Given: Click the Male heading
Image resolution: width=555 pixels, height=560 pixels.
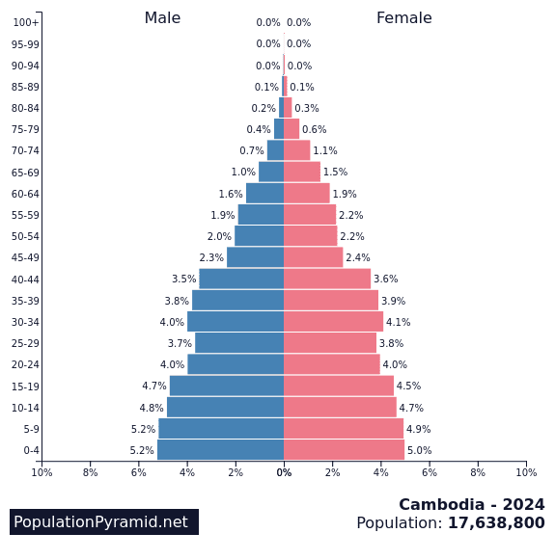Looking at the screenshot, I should pyautogui.click(x=162, y=18).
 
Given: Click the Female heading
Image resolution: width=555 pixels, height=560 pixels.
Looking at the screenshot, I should pyautogui.click(x=403, y=18).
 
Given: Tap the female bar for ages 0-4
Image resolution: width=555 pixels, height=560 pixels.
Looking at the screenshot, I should pyautogui.click(x=344, y=450).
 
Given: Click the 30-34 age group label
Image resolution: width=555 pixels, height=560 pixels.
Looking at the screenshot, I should pyautogui.click(x=26, y=322).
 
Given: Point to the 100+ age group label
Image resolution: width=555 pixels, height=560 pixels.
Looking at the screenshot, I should pyautogui.click(x=26, y=22).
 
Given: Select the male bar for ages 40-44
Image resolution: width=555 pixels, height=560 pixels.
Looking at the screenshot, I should pyautogui.click(x=241, y=279).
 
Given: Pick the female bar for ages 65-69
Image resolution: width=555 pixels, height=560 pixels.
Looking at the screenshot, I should pyautogui.click(x=302, y=172).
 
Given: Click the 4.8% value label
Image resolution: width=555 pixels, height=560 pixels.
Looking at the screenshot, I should pyautogui.click(x=152, y=408).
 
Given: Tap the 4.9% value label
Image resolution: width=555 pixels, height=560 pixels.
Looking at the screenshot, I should pyautogui.click(x=418, y=429).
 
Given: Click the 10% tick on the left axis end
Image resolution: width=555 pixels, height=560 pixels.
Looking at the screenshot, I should pyautogui.click(x=42, y=472).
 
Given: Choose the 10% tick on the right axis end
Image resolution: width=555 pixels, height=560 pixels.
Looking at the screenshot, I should pyautogui.click(x=526, y=472).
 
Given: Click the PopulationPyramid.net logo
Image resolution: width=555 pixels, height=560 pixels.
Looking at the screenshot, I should pyautogui.click(x=104, y=521).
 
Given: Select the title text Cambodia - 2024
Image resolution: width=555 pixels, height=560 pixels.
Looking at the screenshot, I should pyautogui.click(x=471, y=505).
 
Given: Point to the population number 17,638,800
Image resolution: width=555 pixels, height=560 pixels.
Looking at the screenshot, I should pyautogui.click(x=495, y=523).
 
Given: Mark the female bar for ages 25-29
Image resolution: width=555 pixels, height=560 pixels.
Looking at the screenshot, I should pyautogui.click(x=330, y=343).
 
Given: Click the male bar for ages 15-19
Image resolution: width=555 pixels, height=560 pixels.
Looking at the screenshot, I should pyautogui.click(x=227, y=386).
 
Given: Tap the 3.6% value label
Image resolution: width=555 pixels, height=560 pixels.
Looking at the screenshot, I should pyautogui.click(x=385, y=280).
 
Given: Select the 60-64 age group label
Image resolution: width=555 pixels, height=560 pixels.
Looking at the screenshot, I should pyautogui.click(x=26, y=194).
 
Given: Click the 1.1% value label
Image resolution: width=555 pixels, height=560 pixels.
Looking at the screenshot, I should pyautogui.click(x=324, y=151).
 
